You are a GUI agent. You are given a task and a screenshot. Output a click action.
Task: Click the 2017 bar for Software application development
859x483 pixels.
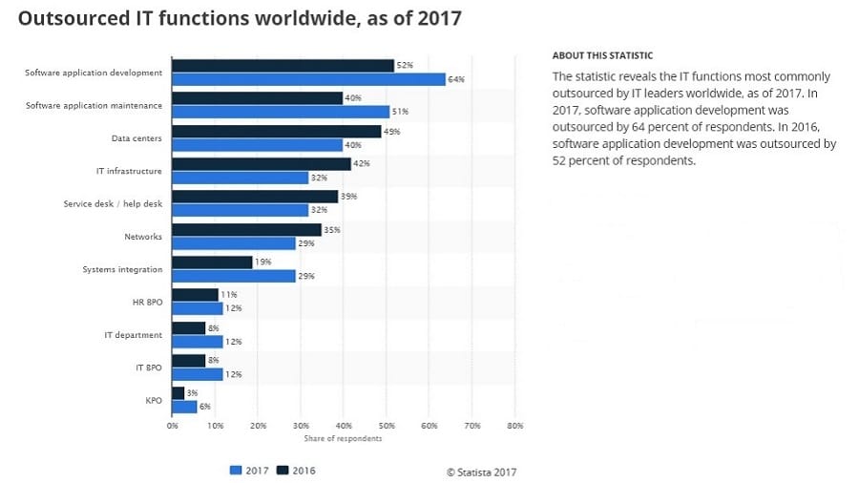(x=308, y=79)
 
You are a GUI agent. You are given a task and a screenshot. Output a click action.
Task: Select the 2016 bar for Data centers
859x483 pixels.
(x=277, y=131)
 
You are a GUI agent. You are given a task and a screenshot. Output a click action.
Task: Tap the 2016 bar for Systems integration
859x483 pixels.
(x=212, y=262)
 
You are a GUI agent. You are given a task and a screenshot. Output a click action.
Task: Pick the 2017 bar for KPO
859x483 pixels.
(x=184, y=407)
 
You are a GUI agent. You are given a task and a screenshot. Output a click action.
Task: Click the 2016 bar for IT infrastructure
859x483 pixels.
(x=262, y=164)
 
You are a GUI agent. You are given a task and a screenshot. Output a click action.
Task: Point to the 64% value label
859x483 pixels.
(x=457, y=79)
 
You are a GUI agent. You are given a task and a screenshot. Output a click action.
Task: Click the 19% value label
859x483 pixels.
(x=264, y=262)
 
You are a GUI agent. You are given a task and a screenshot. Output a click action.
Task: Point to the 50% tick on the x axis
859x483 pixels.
(x=386, y=425)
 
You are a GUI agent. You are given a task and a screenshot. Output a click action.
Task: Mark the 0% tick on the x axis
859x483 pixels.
(x=172, y=425)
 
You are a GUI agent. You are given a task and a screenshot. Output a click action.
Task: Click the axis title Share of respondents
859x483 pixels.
(x=343, y=438)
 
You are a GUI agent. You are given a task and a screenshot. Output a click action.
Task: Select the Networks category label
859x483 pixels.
(x=143, y=236)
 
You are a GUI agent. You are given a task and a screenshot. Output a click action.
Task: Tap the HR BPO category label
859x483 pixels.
(x=147, y=302)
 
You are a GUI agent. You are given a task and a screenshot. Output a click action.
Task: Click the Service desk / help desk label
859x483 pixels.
(x=113, y=203)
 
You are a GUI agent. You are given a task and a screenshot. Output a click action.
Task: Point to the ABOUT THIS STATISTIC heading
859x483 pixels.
(x=602, y=55)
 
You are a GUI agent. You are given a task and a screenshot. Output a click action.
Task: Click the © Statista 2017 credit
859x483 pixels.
(x=481, y=472)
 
